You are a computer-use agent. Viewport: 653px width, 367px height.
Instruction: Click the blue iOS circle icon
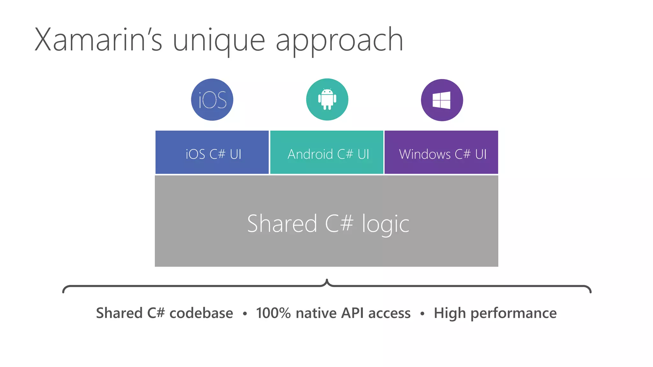click(212, 100)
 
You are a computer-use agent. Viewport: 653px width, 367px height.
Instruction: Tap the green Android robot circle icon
click(327, 99)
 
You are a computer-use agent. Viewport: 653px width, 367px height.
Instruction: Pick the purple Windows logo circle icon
click(442, 100)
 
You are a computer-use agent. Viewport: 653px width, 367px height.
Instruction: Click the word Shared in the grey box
click(282, 224)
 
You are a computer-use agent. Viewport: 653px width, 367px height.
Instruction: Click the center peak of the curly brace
click(327, 281)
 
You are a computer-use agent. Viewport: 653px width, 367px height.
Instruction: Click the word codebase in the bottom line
click(201, 313)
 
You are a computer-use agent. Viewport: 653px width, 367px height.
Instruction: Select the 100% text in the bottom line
click(273, 313)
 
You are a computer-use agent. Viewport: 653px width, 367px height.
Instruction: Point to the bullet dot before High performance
click(422, 314)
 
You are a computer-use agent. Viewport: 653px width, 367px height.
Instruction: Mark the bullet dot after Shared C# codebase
click(245, 314)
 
